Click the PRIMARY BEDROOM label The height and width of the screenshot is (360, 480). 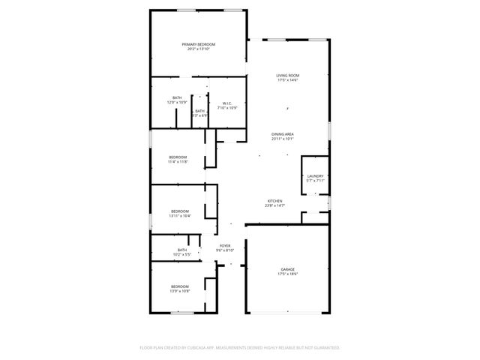(x=198, y=44)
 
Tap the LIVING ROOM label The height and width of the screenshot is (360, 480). (x=288, y=76)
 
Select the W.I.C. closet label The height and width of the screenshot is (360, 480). (x=227, y=103)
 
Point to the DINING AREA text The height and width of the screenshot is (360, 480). (x=283, y=134)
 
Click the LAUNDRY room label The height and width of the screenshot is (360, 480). (x=315, y=176)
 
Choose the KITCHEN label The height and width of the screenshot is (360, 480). (x=275, y=200)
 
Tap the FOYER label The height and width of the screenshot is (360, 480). (x=225, y=245)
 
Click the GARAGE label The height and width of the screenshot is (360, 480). (x=288, y=270)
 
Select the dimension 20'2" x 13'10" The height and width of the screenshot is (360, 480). (x=198, y=49)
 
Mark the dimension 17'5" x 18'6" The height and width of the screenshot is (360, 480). (x=288, y=274)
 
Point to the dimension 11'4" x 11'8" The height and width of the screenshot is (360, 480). (x=178, y=161)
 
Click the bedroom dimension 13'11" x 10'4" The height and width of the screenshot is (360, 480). (x=180, y=216)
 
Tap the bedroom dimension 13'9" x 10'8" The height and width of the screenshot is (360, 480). (x=179, y=291)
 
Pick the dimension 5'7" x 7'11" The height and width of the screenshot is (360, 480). (x=315, y=181)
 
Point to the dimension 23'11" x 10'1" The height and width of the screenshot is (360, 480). (x=283, y=139)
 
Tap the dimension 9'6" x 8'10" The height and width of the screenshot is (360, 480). (x=226, y=250)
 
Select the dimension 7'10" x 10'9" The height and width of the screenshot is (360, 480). (x=227, y=108)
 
